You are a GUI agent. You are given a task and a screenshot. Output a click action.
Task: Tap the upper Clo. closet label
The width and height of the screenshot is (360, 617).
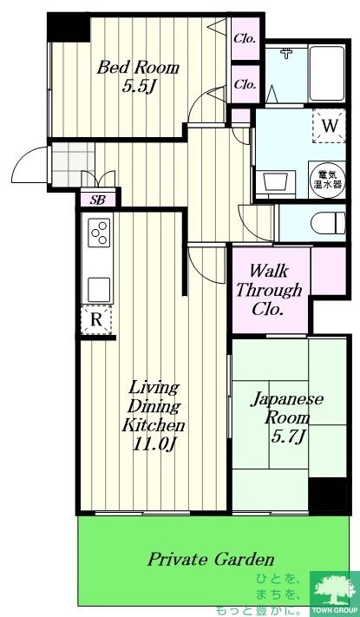pos(245,38)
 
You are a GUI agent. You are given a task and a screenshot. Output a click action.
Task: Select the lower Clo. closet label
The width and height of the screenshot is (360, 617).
pos(245,84)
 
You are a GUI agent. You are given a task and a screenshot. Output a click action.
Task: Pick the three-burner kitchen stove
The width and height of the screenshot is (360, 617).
pos(98,233)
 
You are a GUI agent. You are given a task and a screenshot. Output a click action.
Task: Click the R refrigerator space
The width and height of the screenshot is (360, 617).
pos(98,320)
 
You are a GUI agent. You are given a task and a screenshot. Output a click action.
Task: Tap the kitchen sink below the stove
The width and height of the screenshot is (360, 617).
pos(98,286)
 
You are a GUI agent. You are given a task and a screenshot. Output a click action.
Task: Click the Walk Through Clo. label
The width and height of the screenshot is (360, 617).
pos(270,291)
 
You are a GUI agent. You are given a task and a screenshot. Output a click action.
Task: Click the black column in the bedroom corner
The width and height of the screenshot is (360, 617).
pos(68,27)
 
